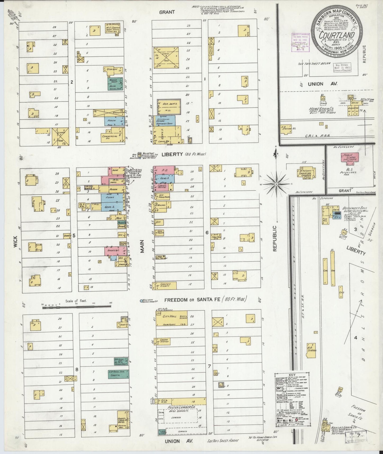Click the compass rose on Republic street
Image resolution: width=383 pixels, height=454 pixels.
pos(276,184)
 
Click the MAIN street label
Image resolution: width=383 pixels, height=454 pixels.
pos(142,246)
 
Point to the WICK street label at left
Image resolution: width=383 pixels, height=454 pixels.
pos(15,242)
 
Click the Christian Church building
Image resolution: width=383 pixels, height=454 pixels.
pos(305,172)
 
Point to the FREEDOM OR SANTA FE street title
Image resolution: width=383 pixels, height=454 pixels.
pos(205,300)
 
